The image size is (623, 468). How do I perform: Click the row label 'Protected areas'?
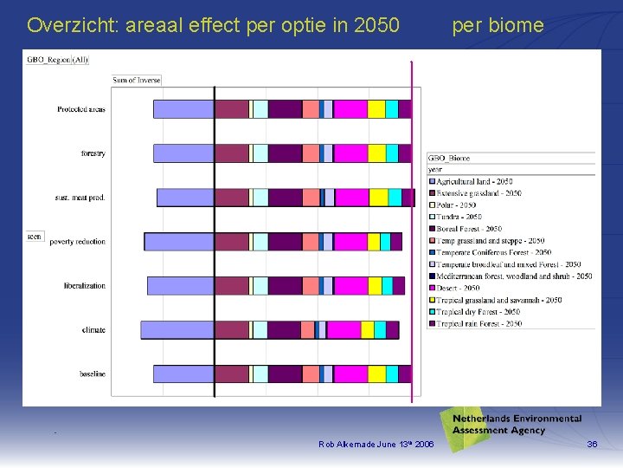point(81,109)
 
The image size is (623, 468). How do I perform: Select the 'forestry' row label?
point(93,153)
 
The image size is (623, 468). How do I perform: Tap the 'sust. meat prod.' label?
point(80,198)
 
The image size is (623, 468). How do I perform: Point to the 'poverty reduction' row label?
point(78,242)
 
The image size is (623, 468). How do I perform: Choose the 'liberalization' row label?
point(84,286)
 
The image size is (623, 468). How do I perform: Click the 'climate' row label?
point(93,330)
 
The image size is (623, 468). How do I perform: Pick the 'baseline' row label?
point(93,374)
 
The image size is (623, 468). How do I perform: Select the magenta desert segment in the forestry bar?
point(350,153)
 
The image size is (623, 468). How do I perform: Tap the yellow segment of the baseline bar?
point(376,374)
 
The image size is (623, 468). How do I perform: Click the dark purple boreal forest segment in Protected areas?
point(285,109)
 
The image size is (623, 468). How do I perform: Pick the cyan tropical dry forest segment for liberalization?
point(387,286)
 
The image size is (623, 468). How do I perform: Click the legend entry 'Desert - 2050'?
point(458,288)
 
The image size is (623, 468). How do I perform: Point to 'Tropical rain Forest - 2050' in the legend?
point(478,323)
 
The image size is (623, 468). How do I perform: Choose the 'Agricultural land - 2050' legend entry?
point(474,181)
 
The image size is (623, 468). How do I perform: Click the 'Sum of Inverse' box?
point(137,81)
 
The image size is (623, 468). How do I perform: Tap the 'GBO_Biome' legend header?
point(450,159)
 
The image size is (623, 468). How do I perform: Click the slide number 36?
point(592,445)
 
